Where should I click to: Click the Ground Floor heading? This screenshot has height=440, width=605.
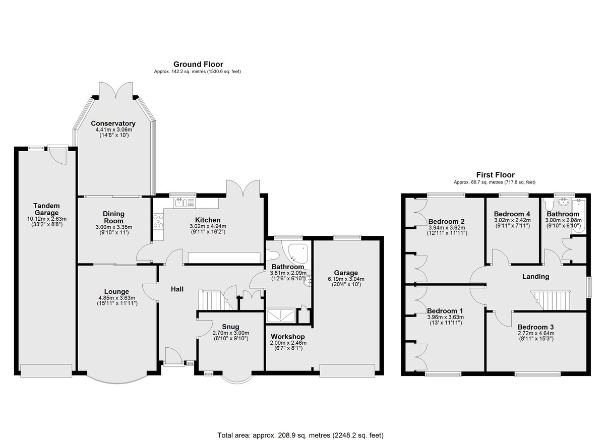pos(198,64)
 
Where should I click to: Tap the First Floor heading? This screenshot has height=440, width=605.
pos(495,175)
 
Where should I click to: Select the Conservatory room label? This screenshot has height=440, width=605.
pos(113,123)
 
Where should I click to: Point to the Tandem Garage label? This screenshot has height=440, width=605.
pos(47,209)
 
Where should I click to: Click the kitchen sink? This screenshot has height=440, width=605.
pos(184,203)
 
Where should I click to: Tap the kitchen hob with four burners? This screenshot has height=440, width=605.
pos(158,221)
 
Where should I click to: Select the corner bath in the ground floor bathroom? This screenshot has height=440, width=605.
pos(297,254)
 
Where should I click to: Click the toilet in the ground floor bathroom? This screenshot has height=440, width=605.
pos(272,255)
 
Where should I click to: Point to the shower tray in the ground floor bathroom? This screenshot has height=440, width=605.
pos(281,316)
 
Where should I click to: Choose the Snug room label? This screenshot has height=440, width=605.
pos(230,327)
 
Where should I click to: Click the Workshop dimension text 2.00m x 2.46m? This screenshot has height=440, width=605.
pos(288,343)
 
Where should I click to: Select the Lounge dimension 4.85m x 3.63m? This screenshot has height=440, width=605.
pos(116,298)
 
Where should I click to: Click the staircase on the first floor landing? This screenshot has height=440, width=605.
pos(551,300)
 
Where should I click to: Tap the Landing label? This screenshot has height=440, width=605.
pos(535,277)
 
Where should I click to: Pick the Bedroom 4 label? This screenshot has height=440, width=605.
pos(512,214)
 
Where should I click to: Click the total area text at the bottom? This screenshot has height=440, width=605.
pos(300,427)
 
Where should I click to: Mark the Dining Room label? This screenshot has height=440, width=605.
pos(114,217)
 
